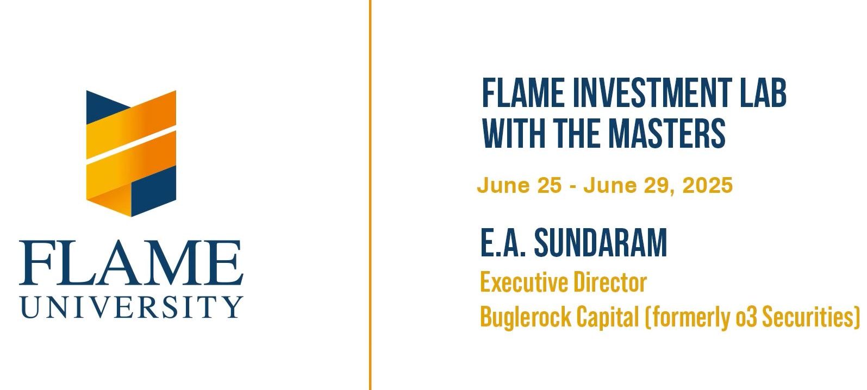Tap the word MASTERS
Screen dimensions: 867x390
tap(667, 133)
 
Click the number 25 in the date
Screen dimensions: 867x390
tap(549, 185)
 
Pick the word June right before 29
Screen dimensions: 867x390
tap(610, 185)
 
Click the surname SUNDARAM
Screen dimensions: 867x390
tap(601, 243)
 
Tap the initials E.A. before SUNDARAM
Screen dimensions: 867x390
tap(503, 243)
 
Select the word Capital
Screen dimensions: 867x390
tap(608, 317)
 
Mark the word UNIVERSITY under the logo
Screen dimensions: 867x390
tap(132, 307)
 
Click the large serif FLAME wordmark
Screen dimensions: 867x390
tap(132, 263)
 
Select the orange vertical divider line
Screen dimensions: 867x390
tap(370, 195)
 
